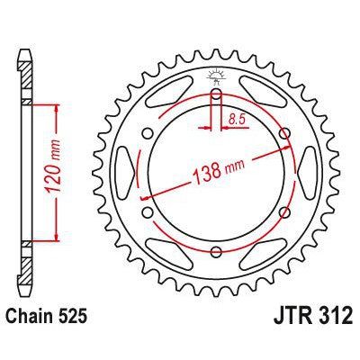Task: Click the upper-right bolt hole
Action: (x=285, y=134)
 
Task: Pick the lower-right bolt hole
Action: (x=285, y=213)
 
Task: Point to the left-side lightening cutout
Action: (x=129, y=174)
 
